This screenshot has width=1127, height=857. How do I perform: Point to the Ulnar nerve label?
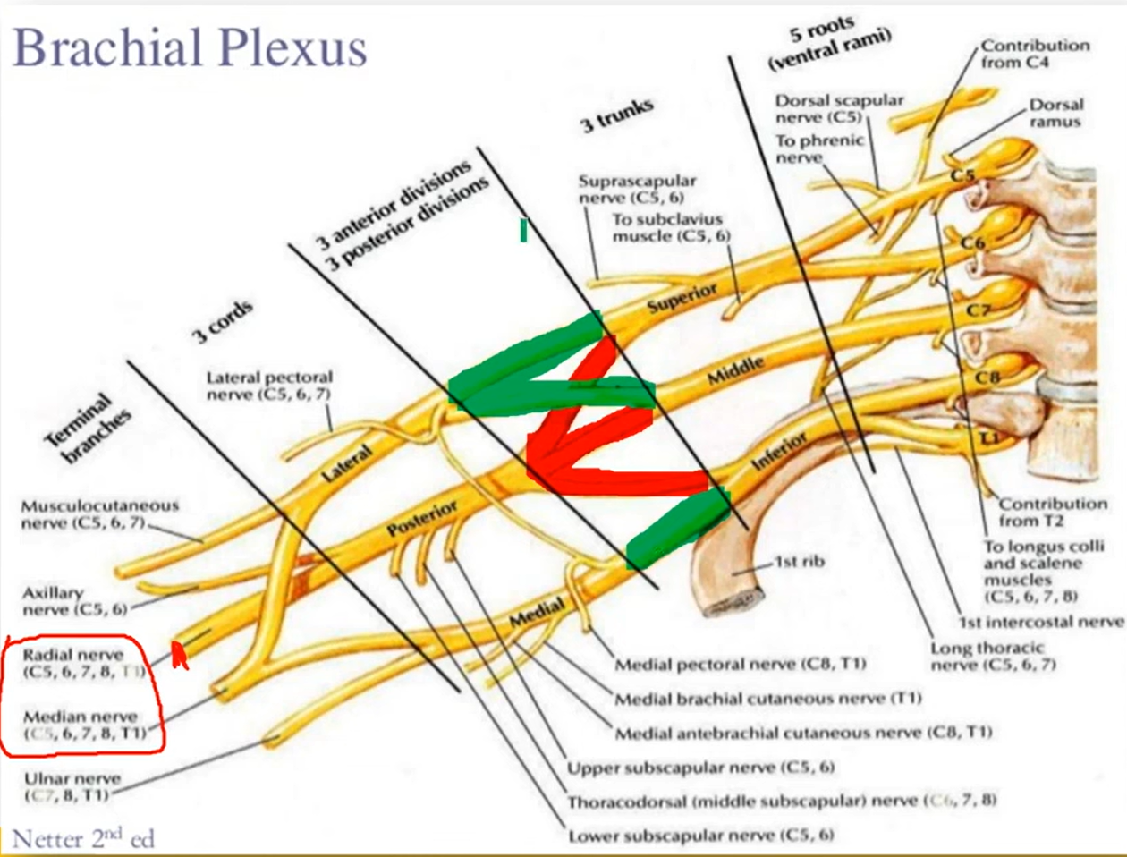click(72, 786)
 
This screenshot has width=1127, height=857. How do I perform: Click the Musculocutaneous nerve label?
click(98, 513)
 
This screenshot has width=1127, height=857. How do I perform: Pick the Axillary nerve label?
click(74, 600)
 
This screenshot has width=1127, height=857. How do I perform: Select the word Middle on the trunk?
click(735, 368)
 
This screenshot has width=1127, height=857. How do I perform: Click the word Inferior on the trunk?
click(778, 451)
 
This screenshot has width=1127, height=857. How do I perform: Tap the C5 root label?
click(962, 175)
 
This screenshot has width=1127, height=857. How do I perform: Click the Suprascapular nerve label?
click(636, 188)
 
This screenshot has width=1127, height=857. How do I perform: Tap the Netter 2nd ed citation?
click(82, 839)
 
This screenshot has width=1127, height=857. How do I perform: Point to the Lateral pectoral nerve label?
click(269, 386)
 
